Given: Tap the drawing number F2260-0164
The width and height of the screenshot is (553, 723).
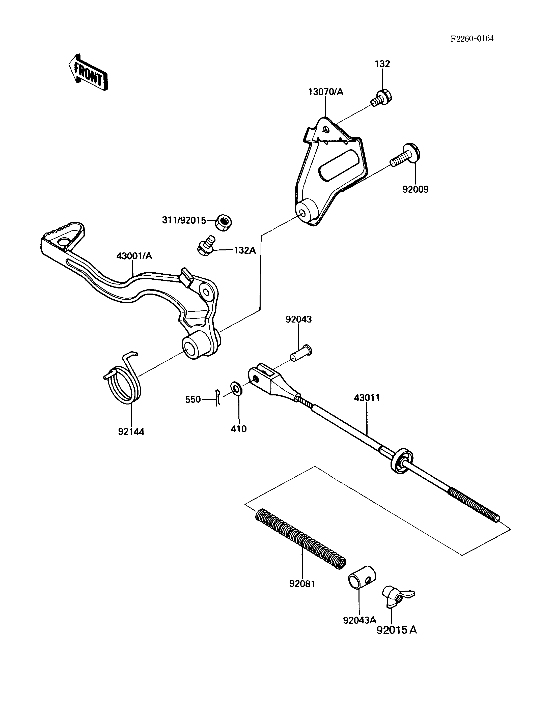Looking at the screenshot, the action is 472,39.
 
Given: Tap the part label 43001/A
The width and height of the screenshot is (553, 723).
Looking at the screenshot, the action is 134,256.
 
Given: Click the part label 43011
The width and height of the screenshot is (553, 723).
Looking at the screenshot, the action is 367,397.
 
